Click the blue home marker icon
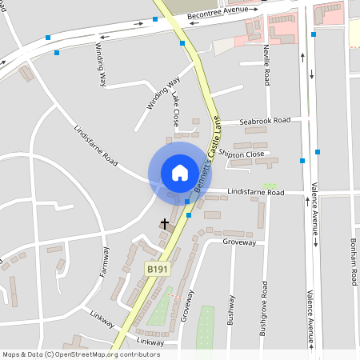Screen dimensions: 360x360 [180, 172]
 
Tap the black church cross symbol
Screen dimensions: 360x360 [166, 224]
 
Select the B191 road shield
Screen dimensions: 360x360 [156, 270]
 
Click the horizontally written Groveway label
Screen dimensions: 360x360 [239, 241]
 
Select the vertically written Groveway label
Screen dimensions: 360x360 [186, 305]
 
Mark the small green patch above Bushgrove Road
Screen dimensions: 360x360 [270, 186]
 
